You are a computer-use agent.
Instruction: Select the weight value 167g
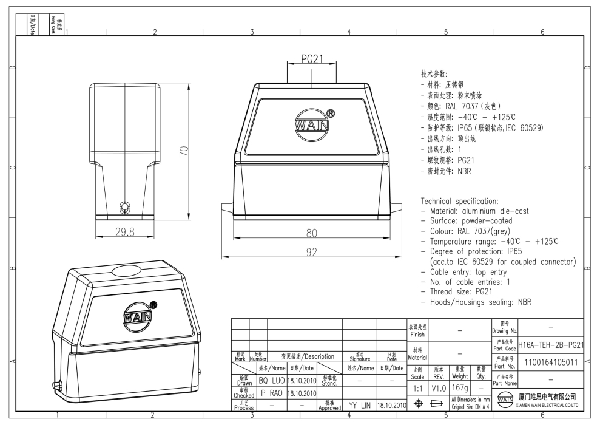click(460, 386)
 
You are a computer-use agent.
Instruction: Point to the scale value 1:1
click(417, 386)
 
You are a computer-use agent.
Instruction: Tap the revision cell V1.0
click(439, 386)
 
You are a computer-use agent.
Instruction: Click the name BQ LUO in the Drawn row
click(271, 381)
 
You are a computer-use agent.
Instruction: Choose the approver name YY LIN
click(359, 404)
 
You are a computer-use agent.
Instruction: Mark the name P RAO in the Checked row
click(271, 393)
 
